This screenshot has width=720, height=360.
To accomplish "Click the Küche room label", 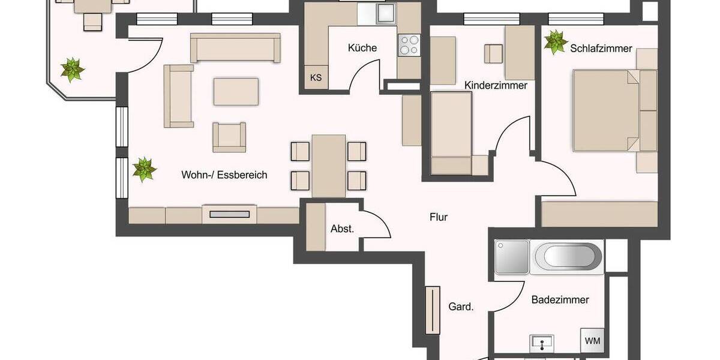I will click(362, 47).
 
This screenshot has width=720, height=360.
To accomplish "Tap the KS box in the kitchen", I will click(316, 77).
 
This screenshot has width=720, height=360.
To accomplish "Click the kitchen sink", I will click(383, 13).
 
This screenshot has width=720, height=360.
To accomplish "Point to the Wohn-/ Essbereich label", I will click(224, 175).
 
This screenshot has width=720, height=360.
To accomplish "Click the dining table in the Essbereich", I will click(328, 166).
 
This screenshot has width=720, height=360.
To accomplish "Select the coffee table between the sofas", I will click(236, 91).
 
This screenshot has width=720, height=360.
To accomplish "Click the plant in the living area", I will click(144, 169).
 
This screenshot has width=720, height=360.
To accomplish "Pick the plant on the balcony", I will click(73, 70).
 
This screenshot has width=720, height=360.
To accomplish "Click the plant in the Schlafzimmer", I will click(555, 43).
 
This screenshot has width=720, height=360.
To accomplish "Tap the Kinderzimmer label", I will click(496, 86).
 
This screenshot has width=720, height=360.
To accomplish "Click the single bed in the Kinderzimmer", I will click(452, 132).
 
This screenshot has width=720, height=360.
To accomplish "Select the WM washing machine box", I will click(592, 341).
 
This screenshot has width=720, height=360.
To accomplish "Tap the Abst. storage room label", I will click(342, 229).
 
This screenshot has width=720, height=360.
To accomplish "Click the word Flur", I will click(439, 217).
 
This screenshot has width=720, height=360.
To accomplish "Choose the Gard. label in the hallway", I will click(461, 307).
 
